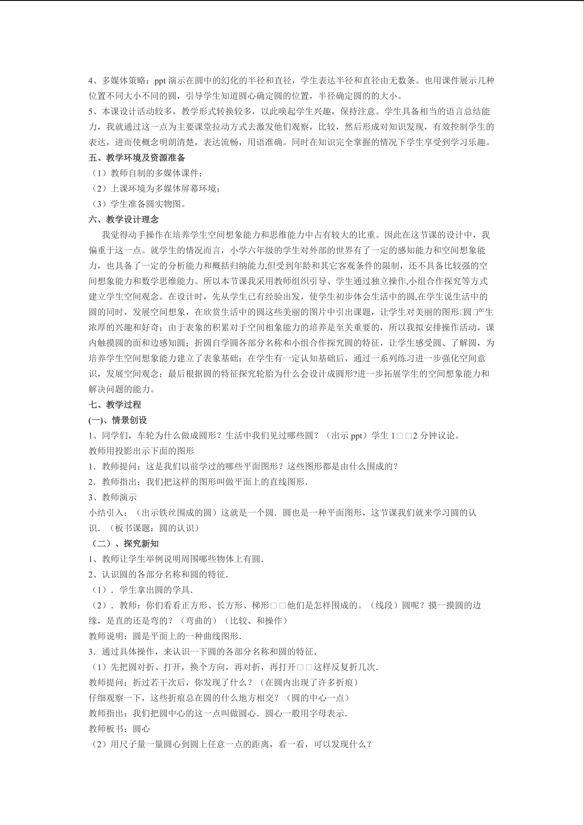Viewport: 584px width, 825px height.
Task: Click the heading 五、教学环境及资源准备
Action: [x=137, y=158]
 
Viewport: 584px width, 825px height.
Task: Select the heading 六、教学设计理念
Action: [x=124, y=220]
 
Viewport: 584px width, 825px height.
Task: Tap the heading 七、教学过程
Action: [x=115, y=405]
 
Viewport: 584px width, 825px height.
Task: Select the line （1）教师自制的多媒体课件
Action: [x=145, y=173]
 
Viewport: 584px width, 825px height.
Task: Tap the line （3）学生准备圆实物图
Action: [x=137, y=204]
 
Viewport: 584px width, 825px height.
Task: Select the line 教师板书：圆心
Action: [x=119, y=729]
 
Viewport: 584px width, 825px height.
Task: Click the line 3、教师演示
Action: [x=113, y=497]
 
